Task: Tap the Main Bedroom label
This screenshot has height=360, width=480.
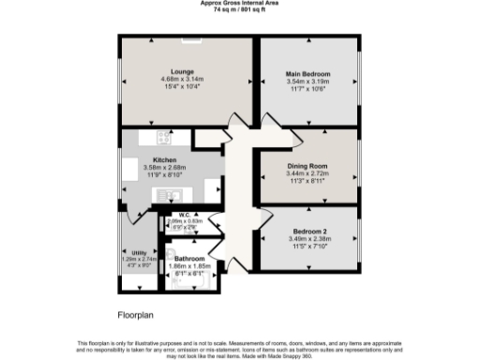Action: click(x=309, y=74)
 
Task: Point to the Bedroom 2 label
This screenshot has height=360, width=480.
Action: click(x=309, y=231)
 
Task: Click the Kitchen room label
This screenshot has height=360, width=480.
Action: click(x=165, y=160)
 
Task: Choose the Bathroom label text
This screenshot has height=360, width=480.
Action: click(x=190, y=257)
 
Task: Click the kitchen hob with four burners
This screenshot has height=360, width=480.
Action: click(x=161, y=139)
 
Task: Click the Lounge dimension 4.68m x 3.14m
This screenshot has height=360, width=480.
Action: click(x=182, y=79)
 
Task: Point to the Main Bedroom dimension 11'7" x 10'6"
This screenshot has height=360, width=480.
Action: click(x=309, y=88)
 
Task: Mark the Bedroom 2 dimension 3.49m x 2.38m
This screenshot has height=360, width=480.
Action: click(x=309, y=238)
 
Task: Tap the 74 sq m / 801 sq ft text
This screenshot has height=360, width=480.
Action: click(x=239, y=10)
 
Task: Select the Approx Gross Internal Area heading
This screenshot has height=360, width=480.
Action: click(x=239, y=4)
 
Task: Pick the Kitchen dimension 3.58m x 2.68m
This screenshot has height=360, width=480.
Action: click(x=165, y=168)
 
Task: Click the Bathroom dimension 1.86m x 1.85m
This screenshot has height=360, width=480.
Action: click(x=190, y=265)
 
